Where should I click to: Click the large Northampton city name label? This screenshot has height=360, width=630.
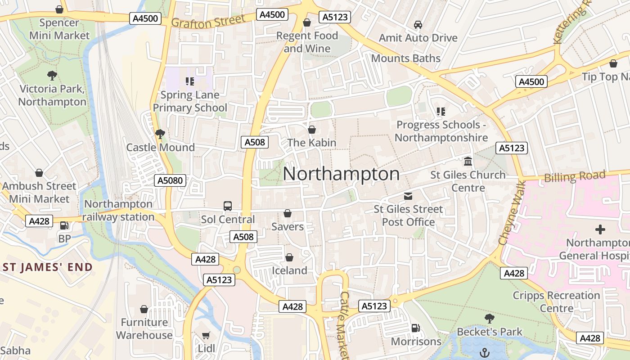pos(341,174)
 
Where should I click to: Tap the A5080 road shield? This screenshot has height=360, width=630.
pos(170,181)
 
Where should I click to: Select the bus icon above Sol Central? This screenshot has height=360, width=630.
pos(228,206)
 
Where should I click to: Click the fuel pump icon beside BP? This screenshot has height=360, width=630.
pos(64,225)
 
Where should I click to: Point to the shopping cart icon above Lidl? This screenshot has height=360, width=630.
pos(206,335)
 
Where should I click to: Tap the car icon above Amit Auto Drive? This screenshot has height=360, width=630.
pos(418,24)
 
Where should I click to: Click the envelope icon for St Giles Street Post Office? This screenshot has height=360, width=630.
pos(408,196)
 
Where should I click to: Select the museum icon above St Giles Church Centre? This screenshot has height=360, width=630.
pos(468,161)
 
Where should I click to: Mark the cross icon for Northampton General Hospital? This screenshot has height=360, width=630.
pos(600,230)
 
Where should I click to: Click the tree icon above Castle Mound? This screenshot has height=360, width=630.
pos(160,134)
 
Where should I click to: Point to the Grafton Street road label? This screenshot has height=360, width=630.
pos(208,21)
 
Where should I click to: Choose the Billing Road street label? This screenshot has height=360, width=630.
pos(575,176)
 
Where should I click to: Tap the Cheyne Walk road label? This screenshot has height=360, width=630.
pos(512,212)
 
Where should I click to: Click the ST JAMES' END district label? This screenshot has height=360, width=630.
pos(48,267)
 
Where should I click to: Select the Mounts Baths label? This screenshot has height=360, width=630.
pos(405,58)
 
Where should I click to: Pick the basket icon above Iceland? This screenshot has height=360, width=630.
pos(289,257)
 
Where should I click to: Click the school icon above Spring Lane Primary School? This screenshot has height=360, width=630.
pos(189,81)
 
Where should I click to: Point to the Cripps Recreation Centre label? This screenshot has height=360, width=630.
pos(556,302)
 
